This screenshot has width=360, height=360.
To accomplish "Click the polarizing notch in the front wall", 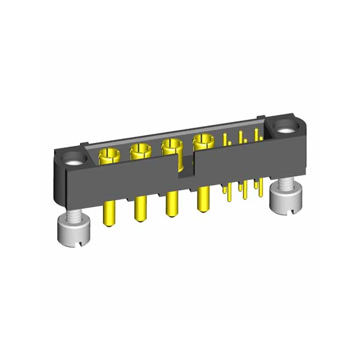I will (x=183, y=169).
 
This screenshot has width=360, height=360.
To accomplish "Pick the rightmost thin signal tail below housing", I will (x=259, y=186).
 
